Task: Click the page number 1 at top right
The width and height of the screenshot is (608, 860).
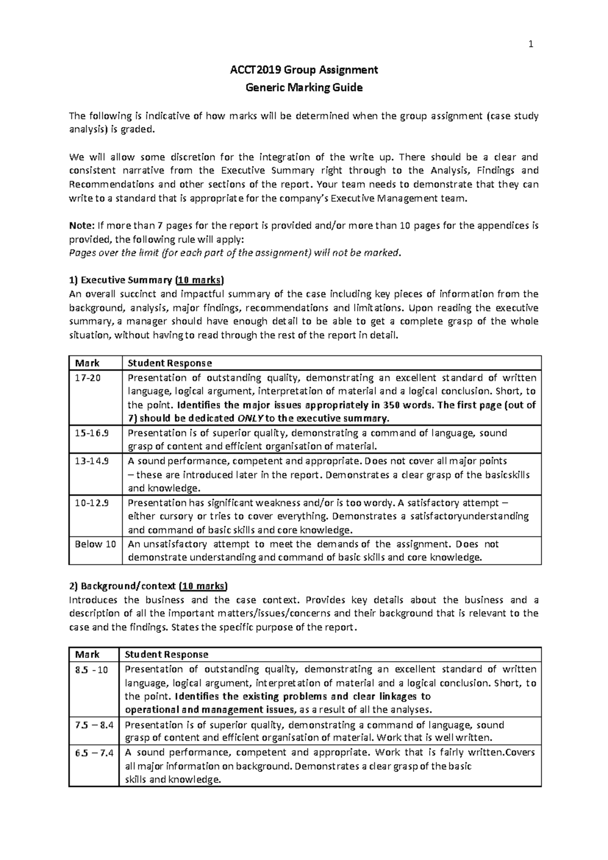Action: (x=530, y=45)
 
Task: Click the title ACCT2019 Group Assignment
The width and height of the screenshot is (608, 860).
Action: (x=304, y=70)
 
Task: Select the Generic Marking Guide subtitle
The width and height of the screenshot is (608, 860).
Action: (x=304, y=88)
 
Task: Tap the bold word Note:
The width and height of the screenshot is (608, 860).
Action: (x=81, y=226)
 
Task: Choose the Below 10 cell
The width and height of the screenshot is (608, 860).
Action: (x=95, y=544)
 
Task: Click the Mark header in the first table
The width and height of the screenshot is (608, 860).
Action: (x=87, y=363)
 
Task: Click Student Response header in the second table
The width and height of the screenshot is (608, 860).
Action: (x=167, y=654)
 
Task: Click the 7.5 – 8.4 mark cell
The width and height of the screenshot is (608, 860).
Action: (x=93, y=725)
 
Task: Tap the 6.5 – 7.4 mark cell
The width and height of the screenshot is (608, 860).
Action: (x=93, y=752)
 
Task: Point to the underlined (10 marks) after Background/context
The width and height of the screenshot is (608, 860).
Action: (x=204, y=586)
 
